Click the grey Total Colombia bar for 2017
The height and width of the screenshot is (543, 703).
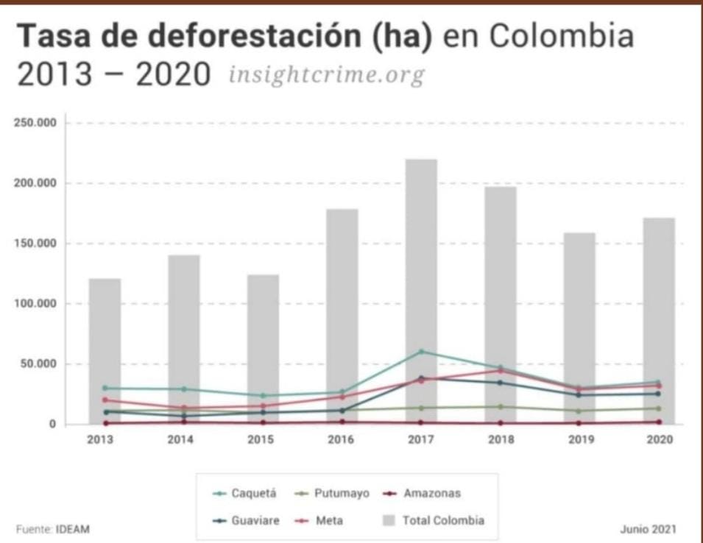(421, 291)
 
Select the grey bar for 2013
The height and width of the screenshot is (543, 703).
(105, 351)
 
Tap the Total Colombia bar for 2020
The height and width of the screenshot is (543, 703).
(659, 322)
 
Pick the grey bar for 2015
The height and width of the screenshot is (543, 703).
(264, 349)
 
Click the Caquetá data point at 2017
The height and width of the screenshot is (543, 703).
(421, 352)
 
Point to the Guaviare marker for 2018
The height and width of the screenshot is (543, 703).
(500, 383)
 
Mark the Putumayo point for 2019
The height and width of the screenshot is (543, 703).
(579, 411)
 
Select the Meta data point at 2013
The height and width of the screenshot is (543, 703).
(105, 400)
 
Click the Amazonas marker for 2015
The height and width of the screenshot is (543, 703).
(264, 422)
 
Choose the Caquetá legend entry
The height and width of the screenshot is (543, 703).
(244, 493)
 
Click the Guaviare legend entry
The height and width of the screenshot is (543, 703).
(246, 521)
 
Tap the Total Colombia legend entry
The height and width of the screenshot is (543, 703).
(434, 521)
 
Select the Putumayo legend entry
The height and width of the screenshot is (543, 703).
(332, 493)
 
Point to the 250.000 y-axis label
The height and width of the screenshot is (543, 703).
(35, 123)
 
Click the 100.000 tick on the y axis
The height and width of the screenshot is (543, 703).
(35, 304)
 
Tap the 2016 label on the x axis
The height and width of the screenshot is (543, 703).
(341, 439)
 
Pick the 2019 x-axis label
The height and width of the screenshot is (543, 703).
(581, 439)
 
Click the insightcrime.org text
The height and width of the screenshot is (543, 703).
(327, 75)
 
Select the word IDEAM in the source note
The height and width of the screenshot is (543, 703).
(73, 529)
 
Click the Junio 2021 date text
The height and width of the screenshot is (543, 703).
(649, 529)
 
